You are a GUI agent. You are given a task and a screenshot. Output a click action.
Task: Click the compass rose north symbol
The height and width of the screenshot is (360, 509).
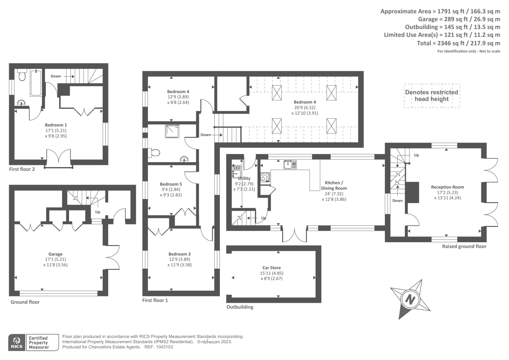410,300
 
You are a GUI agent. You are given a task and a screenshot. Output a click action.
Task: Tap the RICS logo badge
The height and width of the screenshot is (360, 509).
17,342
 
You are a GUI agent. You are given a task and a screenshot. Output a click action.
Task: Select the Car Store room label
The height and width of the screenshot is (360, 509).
271,268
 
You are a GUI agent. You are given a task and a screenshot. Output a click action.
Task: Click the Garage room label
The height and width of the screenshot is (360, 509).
55,254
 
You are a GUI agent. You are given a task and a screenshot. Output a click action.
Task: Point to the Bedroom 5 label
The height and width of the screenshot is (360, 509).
171,184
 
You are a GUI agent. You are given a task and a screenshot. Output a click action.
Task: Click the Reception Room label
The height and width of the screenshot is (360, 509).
447,187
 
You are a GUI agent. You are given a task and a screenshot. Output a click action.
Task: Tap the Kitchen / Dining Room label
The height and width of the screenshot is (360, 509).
334,185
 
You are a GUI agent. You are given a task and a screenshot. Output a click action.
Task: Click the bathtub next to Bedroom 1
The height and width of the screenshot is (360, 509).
36,83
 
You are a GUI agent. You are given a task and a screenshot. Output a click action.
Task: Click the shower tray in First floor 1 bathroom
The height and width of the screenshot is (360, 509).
172,131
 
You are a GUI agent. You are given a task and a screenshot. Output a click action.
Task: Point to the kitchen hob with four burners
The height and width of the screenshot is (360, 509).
265,177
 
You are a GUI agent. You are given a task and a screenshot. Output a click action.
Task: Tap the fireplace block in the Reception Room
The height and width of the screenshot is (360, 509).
413,192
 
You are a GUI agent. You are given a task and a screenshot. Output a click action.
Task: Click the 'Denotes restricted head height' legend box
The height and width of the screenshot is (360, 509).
432,95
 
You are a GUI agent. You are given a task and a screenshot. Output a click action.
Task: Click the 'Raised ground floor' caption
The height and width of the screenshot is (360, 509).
464,246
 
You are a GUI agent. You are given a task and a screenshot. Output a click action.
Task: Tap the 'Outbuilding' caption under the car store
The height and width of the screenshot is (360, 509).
240,307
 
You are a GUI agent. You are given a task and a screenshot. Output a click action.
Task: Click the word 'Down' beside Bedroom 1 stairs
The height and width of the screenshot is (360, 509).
56,76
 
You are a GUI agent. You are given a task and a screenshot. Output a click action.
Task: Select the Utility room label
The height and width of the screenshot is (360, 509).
244,178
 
